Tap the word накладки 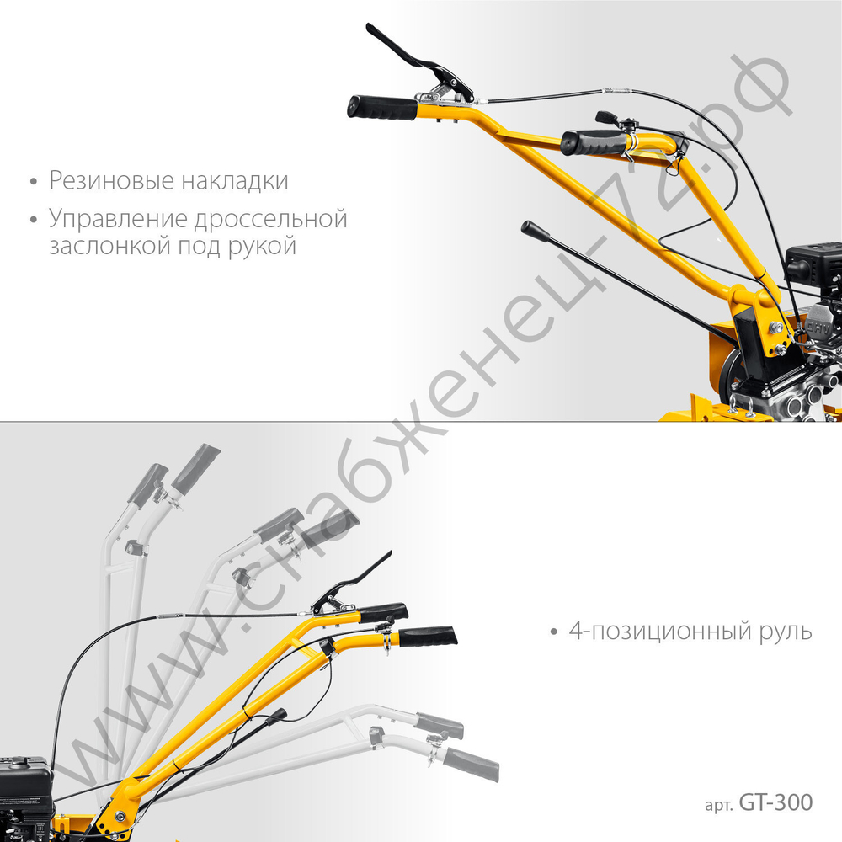click(235, 180)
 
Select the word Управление click(118, 220)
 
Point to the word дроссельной click(271, 219)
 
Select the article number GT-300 click(776, 802)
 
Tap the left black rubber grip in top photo click(382, 108)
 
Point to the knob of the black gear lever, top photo click(535, 232)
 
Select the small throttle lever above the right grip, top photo click(608, 118)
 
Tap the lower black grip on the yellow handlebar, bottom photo click(428, 637)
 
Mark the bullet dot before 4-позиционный click(554, 632)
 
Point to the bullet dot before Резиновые click(34, 182)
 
